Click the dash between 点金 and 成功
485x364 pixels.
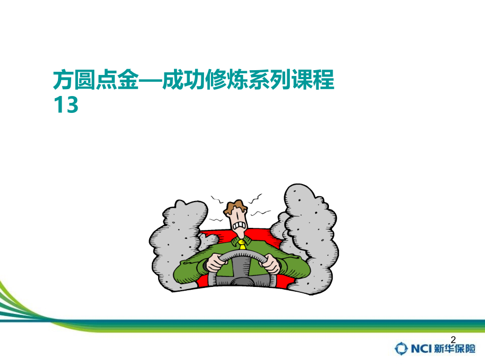pyautogui.click(x=149, y=81)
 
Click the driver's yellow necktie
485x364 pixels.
pyautogui.click(x=241, y=244)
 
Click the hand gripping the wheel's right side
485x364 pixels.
pyautogui.click(x=270, y=262)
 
